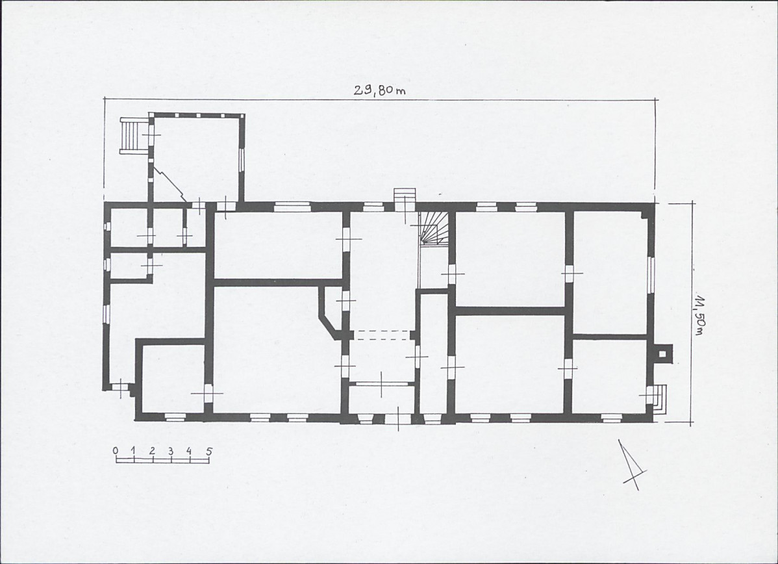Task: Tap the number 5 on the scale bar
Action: coord(209,452)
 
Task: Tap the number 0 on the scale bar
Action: coord(116,451)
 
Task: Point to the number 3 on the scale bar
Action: coord(171,452)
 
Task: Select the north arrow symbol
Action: coord(631,464)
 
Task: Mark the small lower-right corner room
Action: coord(610,376)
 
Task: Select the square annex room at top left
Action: coord(196,160)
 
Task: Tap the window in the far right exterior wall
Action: coord(652,281)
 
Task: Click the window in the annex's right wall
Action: coord(242,161)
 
